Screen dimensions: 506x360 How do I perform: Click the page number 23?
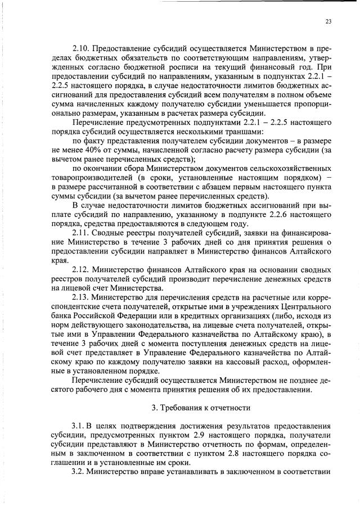[328, 21]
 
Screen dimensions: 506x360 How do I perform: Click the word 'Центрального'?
[304, 306]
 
